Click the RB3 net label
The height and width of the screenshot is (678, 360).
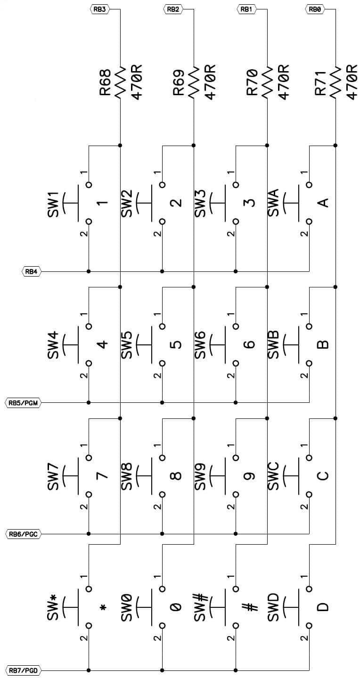(x=99, y=9)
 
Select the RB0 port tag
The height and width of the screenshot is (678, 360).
(x=314, y=9)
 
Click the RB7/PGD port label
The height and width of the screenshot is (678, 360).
(x=24, y=670)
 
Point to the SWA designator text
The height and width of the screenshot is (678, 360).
(x=273, y=203)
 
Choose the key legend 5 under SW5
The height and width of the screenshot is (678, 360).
(x=176, y=344)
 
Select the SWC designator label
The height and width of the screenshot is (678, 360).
(x=273, y=476)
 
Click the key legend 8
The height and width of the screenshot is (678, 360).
(x=176, y=476)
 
